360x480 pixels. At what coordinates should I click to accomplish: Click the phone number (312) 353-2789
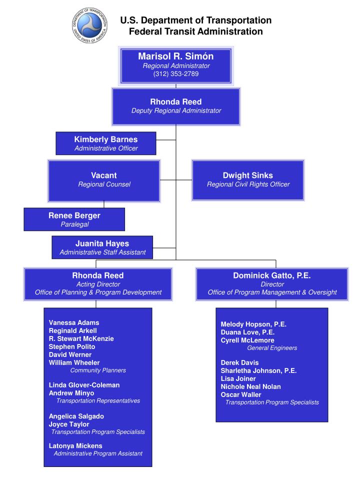[176, 74]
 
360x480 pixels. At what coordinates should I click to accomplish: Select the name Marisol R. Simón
[176, 56]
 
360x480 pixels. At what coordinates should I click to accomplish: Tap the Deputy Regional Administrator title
[176, 110]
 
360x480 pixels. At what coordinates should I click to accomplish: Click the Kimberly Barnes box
[106, 143]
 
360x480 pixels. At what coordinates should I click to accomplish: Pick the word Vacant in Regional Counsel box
[104, 175]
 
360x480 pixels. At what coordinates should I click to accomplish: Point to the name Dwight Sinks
[248, 175]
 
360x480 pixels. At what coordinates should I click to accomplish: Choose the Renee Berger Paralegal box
[74, 219]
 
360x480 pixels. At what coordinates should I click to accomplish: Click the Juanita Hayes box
[102, 247]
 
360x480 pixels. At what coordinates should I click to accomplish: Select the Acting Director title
[98, 284]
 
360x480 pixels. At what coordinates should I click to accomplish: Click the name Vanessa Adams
[74, 322]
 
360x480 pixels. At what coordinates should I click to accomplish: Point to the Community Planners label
[98, 370]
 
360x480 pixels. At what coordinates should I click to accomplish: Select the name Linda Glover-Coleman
[84, 385]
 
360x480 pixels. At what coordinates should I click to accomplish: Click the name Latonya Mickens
[75, 445]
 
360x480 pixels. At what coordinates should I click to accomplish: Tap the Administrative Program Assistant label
[98, 453]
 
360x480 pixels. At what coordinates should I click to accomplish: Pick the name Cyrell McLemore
[247, 340]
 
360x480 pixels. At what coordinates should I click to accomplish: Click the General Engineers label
[272, 348]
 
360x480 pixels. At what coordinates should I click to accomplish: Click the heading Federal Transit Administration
[195, 31]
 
